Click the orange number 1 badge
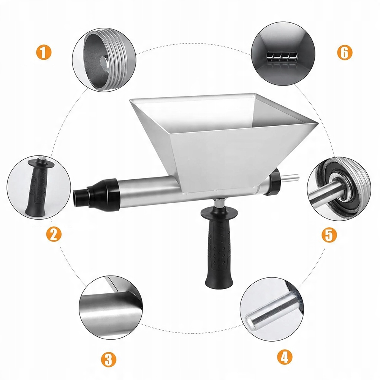tap(44, 52)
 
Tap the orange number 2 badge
tap(54, 234)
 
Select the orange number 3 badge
tap(109, 359)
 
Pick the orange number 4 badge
tap(285, 356)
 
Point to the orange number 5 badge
tap(329, 234)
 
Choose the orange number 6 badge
tap(344, 52)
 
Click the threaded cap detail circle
tap(104, 60)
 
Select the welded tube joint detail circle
tap(111, 307)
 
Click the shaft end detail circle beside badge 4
tap(272, 309)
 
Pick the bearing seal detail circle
tap(339, 188)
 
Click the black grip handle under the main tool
tap(217, 245)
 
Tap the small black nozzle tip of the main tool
tap(81, 196)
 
